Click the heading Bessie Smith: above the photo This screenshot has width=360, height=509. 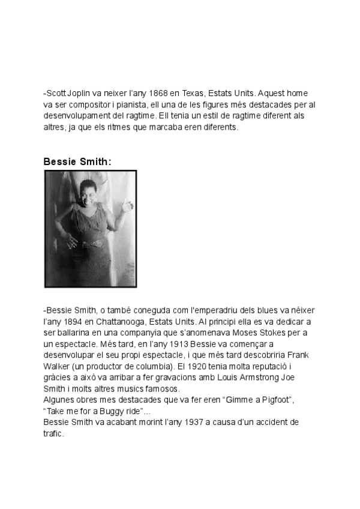77,161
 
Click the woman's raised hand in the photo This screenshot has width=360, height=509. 126,206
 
